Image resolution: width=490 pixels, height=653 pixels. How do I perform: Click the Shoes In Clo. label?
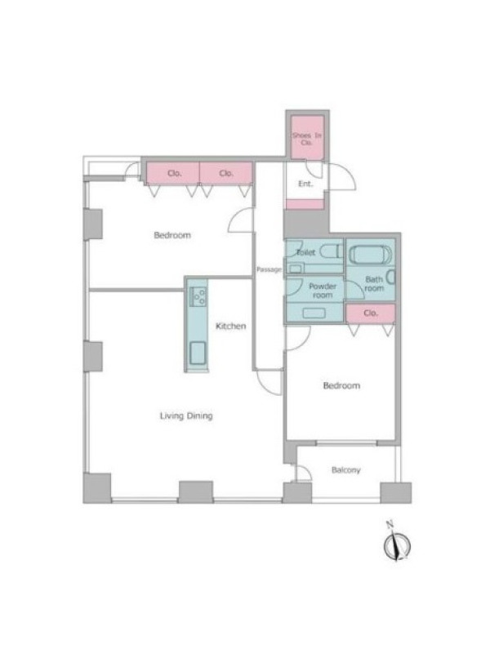pyautogui.click(x=307, y=139)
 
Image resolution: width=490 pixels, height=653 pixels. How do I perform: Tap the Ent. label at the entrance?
pyautogui.click(x=305, y=184)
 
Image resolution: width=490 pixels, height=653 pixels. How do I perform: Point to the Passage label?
pyautogui.click(x=269, y=269)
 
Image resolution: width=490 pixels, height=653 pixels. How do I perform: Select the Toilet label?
pyautogui.click(x=305, y=252)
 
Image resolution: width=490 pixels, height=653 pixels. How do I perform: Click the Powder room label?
pyautogui.click(x=323, y=291)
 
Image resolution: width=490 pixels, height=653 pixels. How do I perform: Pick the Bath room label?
pyautogui.click(x=374, y=283)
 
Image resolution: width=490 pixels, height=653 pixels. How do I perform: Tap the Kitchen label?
pyautogui.click(x=230, y=326)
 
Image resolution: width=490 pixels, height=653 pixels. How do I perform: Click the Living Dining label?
pyautogui.click(x=186, y=415)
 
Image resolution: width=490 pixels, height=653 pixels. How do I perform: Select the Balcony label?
pyautogui.click(x=345, y=470)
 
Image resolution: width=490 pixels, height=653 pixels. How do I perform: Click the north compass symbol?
pyautogui.click(x=397, y=543)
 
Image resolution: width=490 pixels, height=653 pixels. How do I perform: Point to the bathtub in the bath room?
pyautogui.click(x=370, y=255)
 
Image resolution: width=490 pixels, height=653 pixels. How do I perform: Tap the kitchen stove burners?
pyautogui.click(x=198, y=296)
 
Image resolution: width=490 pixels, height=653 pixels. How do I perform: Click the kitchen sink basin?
pyautogui.click(x=198, y=353)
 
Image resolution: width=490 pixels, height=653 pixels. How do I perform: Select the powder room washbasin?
pyautogui.click(x=314, y=313)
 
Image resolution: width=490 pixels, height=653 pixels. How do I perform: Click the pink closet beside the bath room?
pyautogui.click(x=371, y=313)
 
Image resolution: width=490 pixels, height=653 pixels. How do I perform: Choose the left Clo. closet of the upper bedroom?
pyautogui.click(x=173, y=173)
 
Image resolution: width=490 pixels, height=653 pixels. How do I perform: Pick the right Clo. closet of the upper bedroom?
pyautogui.click(x=226, y=173)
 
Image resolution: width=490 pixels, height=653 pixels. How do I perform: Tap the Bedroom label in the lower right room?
pyautogui.click(x=341, y=385)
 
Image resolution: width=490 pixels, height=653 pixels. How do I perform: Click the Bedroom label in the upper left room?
pyautogui.click(x=172, y=235)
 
